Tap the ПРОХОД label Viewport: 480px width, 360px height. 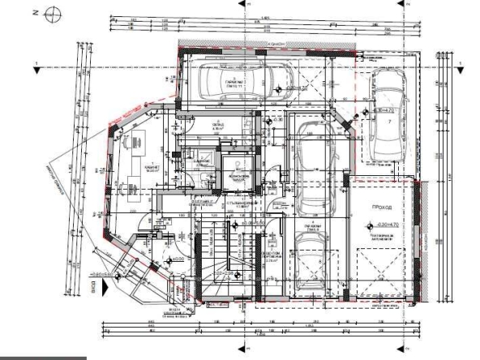(382, 207)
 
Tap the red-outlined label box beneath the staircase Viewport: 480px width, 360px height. (220, 304)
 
